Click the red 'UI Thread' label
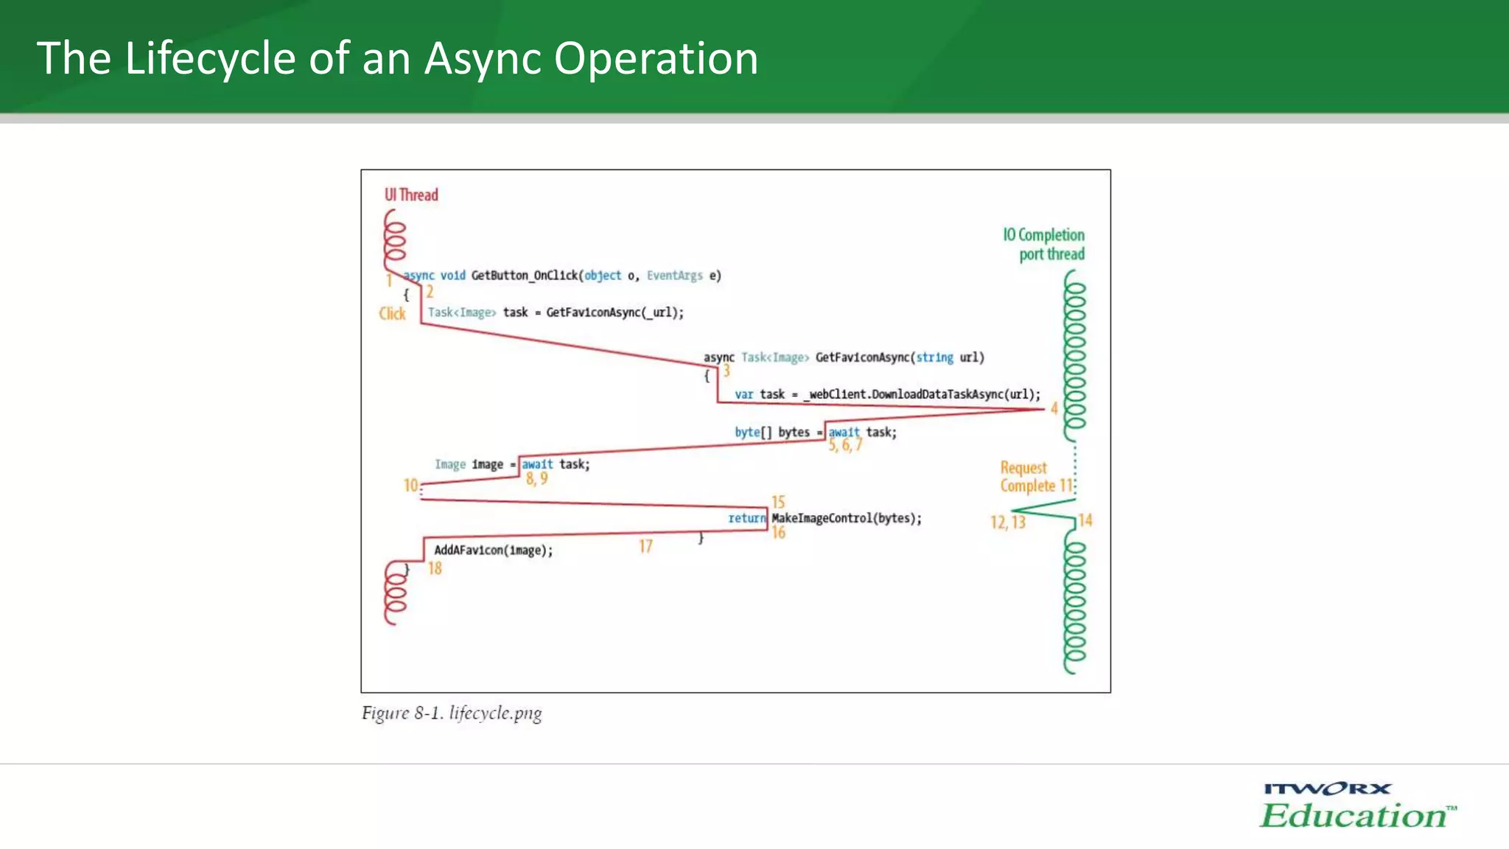click(x=410, y=195)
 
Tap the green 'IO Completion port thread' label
click(x=1043, y=244)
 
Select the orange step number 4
click(x=1054, y=408)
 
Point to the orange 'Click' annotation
click(x=392, y=314)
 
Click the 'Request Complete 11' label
click(x=1036, y=477)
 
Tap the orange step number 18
click(x=435, y=568)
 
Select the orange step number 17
click(x=645, y=546)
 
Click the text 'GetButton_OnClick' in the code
click(x=524, y=276)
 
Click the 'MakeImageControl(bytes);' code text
click(x=846, y=518)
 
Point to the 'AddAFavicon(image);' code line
click(x=493, y=551)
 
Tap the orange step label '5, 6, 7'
click(x=845, y=445)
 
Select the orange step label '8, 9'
click(x=536, y=479)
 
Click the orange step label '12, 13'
click(x=1007, y=523)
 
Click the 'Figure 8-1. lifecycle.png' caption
click(x=452, y=713)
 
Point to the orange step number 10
click(x=410, y=485)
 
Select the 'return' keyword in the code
click(x=746, y=518)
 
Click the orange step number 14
click(x=1085, y=520)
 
